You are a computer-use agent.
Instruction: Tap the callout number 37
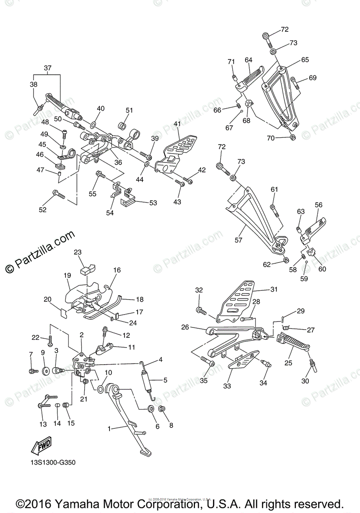tap(47, 68)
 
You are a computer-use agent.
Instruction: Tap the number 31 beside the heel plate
tap(274, 289)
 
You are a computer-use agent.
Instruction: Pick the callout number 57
tap(238, 240)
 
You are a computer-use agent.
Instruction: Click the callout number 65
tap(305, 60)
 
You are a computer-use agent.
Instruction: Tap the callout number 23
tap(77, 252)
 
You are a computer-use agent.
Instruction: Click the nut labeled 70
tap(292, 137)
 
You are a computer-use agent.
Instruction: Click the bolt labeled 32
tap(199, 310)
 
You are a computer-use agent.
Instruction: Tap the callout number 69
tap(313, 78)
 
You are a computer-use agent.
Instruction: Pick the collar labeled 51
tap(121, 126)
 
